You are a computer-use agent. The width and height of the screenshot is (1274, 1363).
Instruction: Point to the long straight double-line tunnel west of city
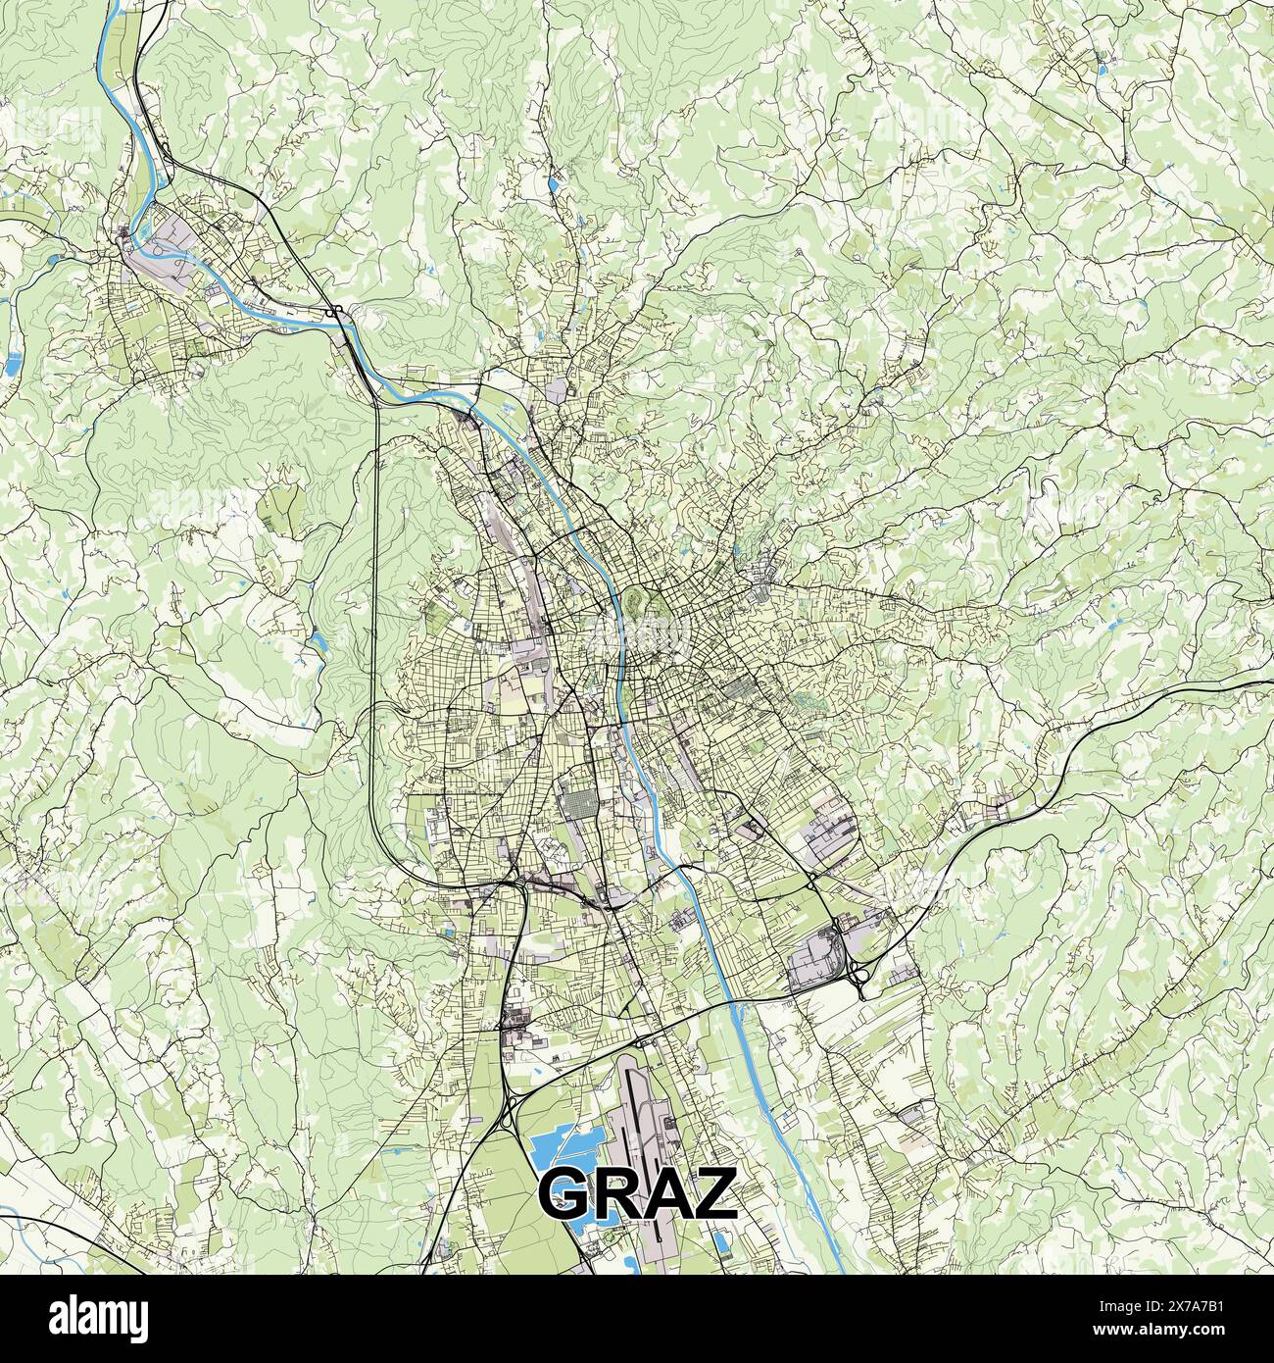pos(376,588)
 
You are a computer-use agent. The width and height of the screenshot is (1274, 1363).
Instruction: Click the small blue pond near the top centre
pos(556,181)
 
